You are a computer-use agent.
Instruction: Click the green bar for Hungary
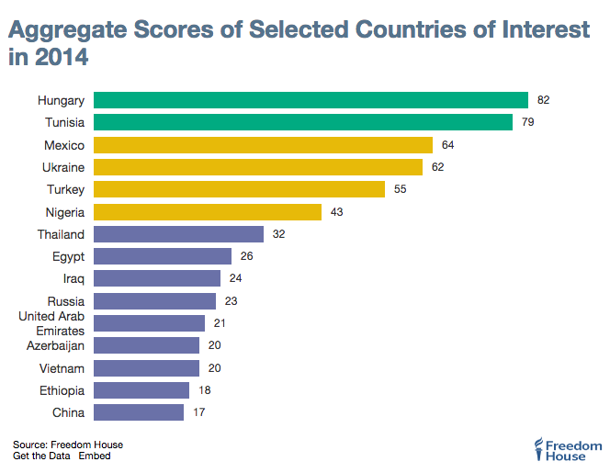311,100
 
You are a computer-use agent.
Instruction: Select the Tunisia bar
302,122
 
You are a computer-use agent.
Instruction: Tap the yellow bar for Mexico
263,145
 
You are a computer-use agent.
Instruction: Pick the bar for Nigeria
208,212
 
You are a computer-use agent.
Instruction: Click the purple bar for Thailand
178,234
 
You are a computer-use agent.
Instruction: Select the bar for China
139,412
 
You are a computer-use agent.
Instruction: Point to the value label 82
544,100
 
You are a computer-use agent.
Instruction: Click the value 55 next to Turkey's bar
401,189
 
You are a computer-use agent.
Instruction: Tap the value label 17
199,412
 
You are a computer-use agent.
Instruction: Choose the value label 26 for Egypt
247,256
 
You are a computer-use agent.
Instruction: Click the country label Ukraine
63,167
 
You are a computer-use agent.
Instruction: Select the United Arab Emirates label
51,323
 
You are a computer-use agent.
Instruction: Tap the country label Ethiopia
61,390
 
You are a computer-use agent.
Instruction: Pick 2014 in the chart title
62,60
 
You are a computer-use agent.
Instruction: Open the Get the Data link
41,456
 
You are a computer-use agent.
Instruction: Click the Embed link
95,456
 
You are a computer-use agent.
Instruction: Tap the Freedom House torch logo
538,449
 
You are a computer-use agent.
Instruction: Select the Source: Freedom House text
68,445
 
